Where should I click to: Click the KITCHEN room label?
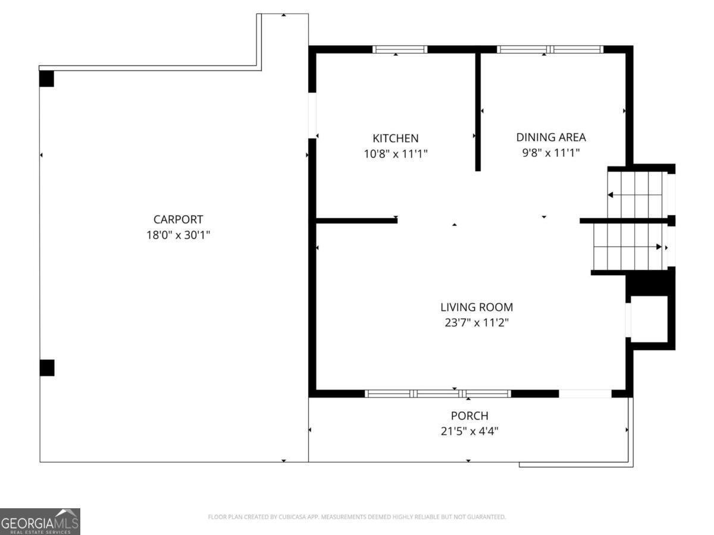[x=395, y=138]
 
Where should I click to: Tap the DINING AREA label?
[x=550, y=137]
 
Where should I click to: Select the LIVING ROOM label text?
[x=476, y=307]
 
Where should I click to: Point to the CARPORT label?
[x=178, y=219]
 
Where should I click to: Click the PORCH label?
[x=469, y=416]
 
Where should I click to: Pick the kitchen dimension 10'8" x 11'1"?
[x=396, y=153]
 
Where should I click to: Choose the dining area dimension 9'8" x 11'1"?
[x=550, y=152]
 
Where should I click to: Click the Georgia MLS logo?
[x=40, y=521]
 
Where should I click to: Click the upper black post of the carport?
[x=46, y=78]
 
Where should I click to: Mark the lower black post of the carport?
[x=47, y=367]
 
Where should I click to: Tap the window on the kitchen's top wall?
[x=400, y=49]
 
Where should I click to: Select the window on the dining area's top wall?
[x=550, y=49]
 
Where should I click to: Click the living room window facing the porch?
[x=438, y=394]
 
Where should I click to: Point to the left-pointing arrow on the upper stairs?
[x=610, y=195]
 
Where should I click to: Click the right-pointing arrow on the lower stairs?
[x=658, y=246]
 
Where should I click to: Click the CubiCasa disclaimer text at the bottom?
[x=356, y=517]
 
